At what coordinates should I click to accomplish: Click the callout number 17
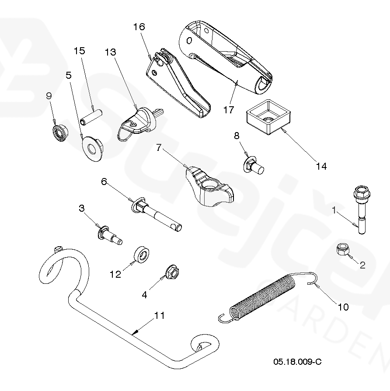tap(229, 110)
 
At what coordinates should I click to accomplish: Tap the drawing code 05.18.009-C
tap(297, 361)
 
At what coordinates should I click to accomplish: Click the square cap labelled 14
tap(268, 117)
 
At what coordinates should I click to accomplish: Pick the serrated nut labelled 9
tap(59, 133)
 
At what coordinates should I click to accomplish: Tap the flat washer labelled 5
tap(92, 149)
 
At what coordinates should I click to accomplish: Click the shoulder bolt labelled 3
tap(110, 235)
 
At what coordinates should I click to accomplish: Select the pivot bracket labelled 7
tap(210, 186)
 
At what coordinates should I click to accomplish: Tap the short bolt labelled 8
tap(253, 165)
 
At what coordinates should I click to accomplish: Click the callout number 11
tap(160, 315)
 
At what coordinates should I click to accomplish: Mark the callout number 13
tap(110, 52)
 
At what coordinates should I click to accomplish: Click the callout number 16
tap(139, 27)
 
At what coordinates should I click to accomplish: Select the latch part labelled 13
tap(139, 123)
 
